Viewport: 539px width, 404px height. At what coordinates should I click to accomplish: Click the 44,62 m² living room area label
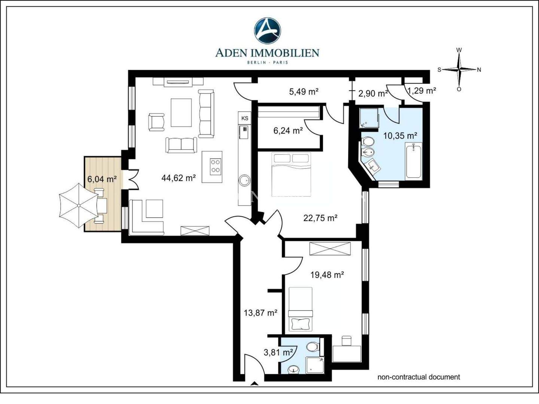(x=179, y=178)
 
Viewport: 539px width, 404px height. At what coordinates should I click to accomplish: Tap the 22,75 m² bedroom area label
(x=320, y=218)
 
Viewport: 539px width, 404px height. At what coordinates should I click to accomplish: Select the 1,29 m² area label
(x=421, y=91)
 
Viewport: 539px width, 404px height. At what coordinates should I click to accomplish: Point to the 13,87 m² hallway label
(x=261, y=312)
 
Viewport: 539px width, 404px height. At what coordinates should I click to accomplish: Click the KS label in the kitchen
(x=245, y=118)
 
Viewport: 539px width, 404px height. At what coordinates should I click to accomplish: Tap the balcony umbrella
(x=79, y=205)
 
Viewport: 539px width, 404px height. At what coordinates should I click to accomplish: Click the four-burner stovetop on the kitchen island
(x=216, y=166)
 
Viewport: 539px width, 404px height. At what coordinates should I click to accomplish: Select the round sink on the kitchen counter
(x=245, y=181)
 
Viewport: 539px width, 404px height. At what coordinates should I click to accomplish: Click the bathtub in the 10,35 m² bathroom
(x=414, y=161)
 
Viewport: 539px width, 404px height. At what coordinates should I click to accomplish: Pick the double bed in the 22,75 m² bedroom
(x=291, y=174)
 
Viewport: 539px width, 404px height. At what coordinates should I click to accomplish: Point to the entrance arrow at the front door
(x=255, y=384)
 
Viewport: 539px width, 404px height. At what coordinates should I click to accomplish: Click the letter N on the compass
(x=479, y=70)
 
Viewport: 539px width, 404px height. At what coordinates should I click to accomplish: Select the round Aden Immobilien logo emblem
(x=267, y=31)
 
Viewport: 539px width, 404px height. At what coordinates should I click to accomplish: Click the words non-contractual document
(x=419, y=377)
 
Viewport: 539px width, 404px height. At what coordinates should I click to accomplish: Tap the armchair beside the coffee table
(x=156, y=122)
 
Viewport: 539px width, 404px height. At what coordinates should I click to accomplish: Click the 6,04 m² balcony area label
(x=102, y=179)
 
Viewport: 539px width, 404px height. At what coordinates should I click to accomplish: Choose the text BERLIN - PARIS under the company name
(x=267, y=62)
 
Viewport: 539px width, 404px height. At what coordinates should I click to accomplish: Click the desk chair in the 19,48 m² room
(x=346, y=341)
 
